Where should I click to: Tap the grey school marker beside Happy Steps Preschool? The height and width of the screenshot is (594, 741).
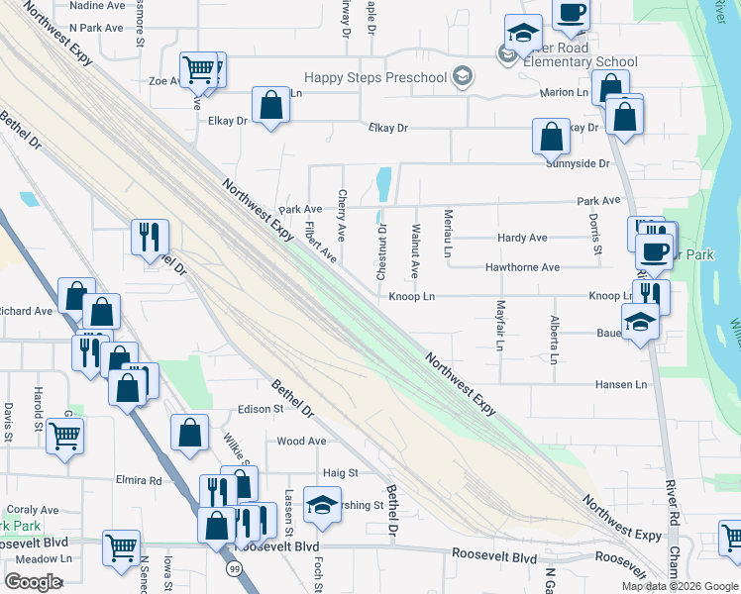(x=461, y=76)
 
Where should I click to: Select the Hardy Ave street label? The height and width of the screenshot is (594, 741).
(x=522, y=239)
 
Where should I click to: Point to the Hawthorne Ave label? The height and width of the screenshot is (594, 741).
(x=522, y=268)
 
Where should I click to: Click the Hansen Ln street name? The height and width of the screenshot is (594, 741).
(x=621, y=384)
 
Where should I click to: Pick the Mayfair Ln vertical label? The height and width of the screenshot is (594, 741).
(x=500, y=325)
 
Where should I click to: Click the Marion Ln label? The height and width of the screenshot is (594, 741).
(x=564, y=93)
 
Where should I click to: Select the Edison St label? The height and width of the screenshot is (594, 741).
(x=261, y=410)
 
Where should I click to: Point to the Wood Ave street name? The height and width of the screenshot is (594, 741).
(x=301, y=442)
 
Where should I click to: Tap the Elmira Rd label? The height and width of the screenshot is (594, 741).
(x=141, y=481)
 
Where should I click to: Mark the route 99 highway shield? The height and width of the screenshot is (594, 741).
(x=234, y=569)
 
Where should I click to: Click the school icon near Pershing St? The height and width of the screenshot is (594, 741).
(x=322, y=506)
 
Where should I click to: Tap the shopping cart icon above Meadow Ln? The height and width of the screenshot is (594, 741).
(x=121, y=546)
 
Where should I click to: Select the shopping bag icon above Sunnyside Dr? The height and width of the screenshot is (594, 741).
(x=551, y=137)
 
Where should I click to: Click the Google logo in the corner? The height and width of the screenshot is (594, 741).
(x=33, y=582)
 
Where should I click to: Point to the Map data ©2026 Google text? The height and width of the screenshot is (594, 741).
(x=679, y=586)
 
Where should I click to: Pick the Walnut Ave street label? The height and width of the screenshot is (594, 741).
(x=415, y=252)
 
